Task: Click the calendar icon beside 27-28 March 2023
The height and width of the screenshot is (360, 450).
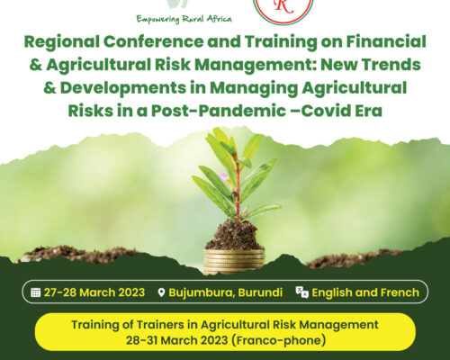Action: click(x=35, y=292)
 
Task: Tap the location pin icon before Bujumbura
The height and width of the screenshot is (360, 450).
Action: click(x=161, y=292)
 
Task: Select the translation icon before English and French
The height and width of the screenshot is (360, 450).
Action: click(x=301, y=292)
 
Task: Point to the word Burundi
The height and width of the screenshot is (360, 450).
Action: click(x=260, y=292)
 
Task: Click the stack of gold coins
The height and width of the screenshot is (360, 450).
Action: click(x=234, y=261)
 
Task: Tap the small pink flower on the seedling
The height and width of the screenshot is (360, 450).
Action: click(x=223, y=176)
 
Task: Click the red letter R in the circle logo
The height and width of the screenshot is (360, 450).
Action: click(x=283, y=6)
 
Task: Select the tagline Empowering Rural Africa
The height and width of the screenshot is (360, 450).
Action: click(x=184, y=19)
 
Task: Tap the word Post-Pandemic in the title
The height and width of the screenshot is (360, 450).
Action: click(x=219, y=111)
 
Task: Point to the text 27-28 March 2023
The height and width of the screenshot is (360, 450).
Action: click(x=94, y=292)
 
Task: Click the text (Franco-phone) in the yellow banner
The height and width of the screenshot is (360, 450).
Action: click(x=279, y=340)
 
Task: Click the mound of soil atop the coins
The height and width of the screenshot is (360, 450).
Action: click(x=231, y=235)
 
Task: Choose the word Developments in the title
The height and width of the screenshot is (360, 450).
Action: click(x=123, y=88)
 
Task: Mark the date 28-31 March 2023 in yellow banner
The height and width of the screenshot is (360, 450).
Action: click(x=176, y=340)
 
